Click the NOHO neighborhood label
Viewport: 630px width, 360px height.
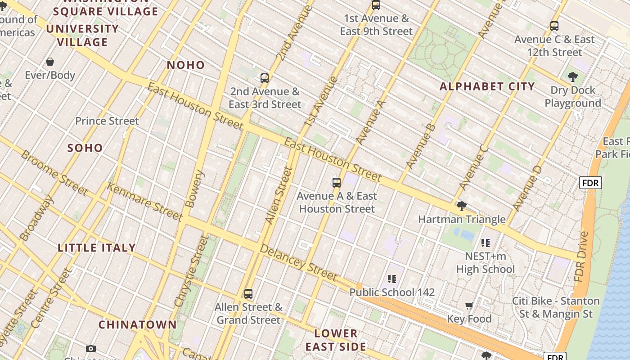(186, 65)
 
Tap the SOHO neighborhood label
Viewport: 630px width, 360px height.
(85, 148)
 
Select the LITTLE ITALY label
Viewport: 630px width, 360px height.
(97, 248)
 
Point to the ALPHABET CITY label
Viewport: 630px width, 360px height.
(487, 87)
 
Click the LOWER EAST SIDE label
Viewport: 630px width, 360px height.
(336, 340)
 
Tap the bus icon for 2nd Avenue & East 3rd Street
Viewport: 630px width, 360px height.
(265, 78)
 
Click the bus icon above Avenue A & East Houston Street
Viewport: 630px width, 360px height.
(337, 183)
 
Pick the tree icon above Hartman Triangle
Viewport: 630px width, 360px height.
(461, 207)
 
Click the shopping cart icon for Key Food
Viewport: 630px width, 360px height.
(469, 306)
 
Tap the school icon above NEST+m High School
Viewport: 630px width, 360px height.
(485, 243)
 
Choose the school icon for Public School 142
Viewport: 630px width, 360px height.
(392, 279)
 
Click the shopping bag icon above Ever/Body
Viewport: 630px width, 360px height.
(50, 62)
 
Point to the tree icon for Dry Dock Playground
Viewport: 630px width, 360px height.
(572, 77)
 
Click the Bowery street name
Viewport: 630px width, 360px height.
(195, 189)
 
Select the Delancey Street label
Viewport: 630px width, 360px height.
(298, 263)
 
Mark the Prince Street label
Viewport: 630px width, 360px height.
(107, 121)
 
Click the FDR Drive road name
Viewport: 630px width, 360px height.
(581, 256)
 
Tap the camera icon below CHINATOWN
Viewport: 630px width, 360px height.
(91, 348)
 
